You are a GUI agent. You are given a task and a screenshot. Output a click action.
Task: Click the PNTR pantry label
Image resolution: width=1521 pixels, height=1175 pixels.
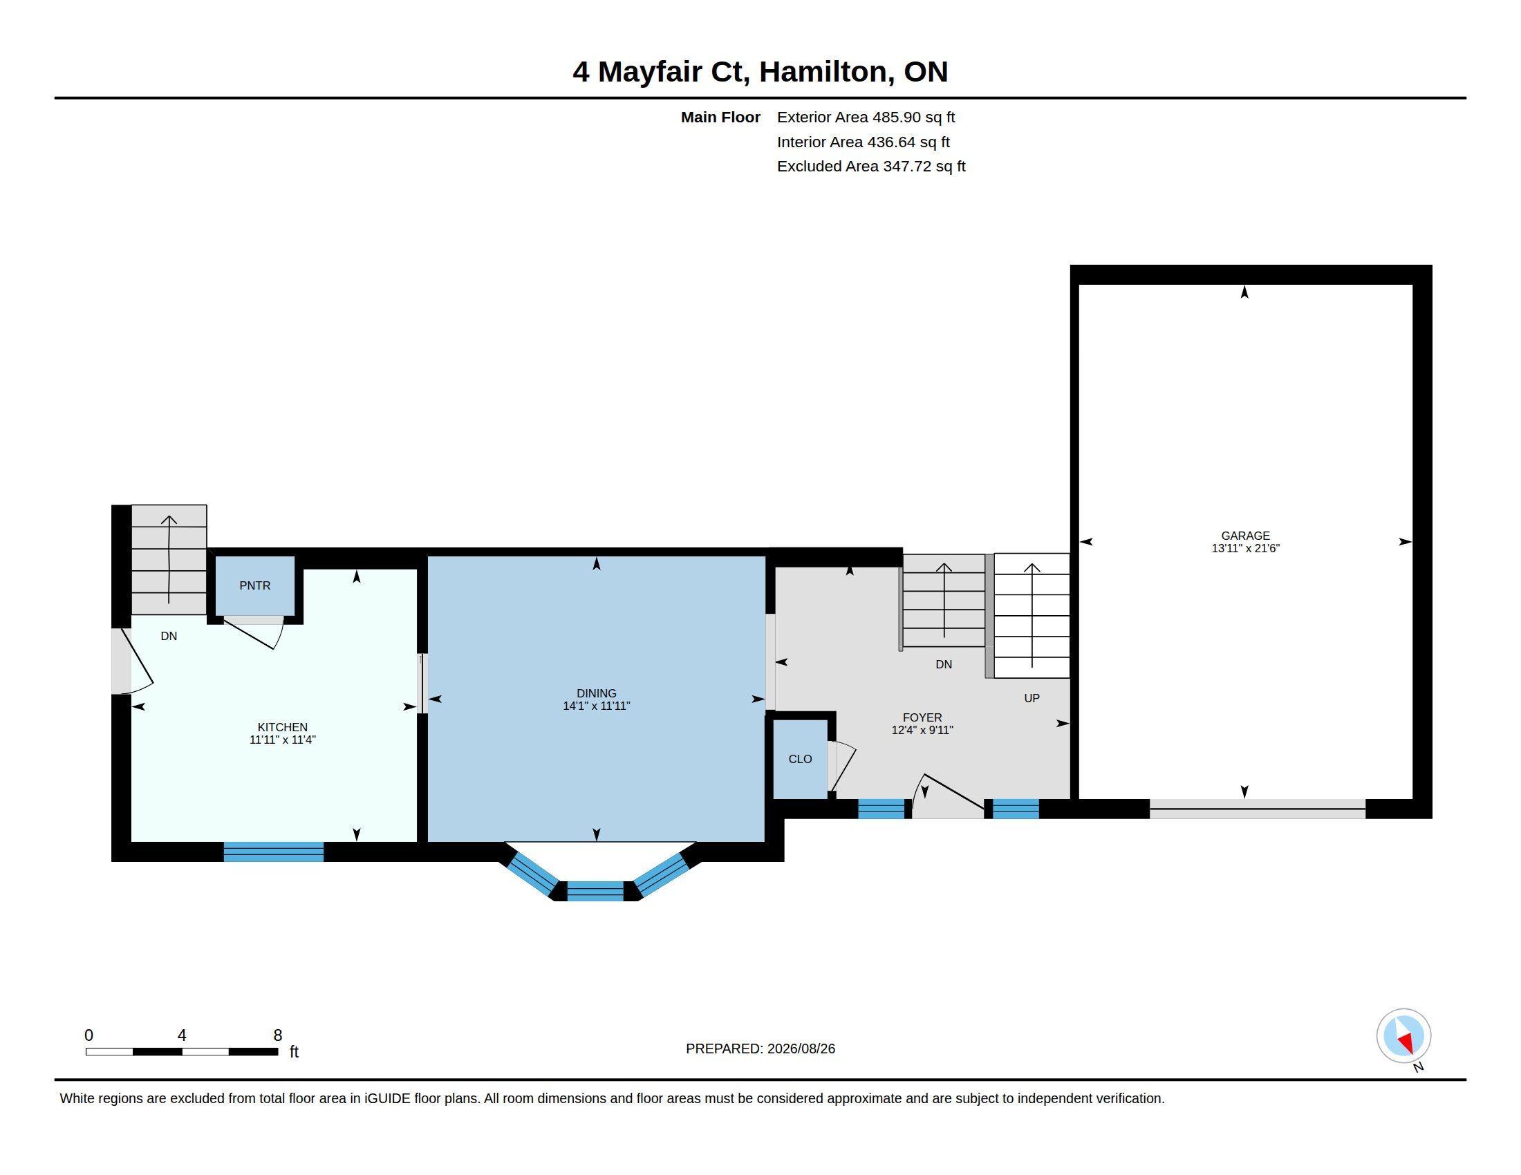point(255,585)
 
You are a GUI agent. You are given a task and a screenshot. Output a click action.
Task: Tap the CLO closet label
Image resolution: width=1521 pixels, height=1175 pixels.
point(800,759)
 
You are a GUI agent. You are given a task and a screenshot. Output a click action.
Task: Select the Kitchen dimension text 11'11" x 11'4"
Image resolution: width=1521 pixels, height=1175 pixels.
point(283,740)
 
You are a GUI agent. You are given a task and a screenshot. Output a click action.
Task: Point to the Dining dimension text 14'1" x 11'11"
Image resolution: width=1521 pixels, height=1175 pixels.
point(597,706)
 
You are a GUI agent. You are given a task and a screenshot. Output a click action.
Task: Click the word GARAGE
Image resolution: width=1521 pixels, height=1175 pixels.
point(1245,535)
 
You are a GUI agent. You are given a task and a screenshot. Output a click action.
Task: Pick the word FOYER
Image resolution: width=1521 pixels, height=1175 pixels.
point(922,717)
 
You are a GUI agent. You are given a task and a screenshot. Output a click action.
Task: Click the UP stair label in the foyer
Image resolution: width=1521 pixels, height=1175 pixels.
point(1032,698)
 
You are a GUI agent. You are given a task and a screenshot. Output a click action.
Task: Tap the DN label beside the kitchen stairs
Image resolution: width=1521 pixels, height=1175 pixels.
point(169,636)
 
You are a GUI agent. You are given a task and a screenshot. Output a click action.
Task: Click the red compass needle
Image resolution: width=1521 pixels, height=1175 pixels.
point(1406,1043)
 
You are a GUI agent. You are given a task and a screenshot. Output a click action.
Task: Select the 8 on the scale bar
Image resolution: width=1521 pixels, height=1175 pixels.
point(278,1035)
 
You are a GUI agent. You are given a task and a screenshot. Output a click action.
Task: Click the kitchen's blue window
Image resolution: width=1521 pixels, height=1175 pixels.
point(274,852)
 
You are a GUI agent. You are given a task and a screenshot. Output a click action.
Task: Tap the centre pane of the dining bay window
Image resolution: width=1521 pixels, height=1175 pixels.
point(595,891)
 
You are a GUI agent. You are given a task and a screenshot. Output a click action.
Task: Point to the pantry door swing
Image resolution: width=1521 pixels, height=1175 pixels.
point(254,632)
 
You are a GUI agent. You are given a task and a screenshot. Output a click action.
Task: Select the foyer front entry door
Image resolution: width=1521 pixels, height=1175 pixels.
point(948,796)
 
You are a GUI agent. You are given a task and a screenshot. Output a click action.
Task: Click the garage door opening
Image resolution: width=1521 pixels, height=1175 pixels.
point(1257,809)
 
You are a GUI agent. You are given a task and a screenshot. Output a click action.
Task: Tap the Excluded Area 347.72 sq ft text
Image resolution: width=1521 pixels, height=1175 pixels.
point(871,167)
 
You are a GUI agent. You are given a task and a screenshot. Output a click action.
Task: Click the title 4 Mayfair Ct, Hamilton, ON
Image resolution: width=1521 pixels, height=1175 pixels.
point(760,72)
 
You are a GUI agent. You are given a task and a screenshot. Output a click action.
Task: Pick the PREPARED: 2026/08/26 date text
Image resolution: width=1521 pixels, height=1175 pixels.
point(760,1049)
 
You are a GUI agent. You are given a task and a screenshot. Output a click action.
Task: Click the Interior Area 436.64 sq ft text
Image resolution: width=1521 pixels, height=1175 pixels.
point(863,142)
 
